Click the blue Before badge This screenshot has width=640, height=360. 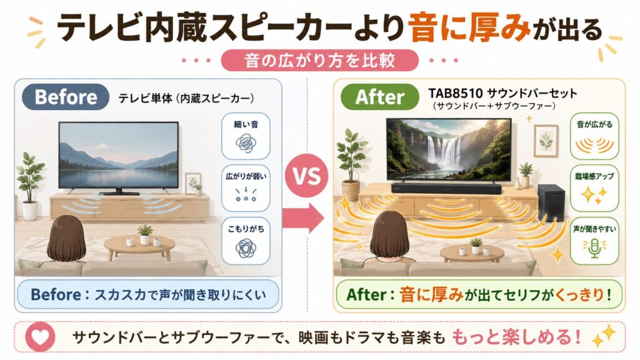pos(66,97)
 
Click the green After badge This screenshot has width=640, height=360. pos(379,97)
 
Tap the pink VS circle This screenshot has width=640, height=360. pos(307,176)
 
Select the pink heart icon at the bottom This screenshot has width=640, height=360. pos(40,337)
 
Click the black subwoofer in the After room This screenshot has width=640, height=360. pos(551,203)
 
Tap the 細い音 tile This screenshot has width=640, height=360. pos(246,136)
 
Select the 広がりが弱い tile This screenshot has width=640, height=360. pos(246,188)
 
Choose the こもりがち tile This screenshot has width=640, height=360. pos(246,241)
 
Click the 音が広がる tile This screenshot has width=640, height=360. pos(595,136)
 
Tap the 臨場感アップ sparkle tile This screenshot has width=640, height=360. pos(595,188)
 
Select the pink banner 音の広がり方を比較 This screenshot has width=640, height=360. pos(319,61)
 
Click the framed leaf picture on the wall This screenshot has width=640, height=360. pos(546,140)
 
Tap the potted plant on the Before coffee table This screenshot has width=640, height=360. pos(144,234)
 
